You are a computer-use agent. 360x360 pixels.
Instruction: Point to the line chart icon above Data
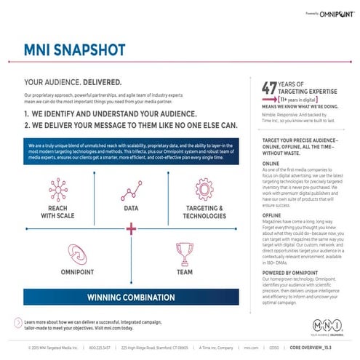click(x=131, y=191)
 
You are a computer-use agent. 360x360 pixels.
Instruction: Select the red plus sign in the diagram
click(x=131, y=229)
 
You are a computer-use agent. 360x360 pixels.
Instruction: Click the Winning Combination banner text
click(x=131, y=297)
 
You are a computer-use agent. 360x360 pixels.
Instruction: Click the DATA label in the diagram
click(x=131, y=208)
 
